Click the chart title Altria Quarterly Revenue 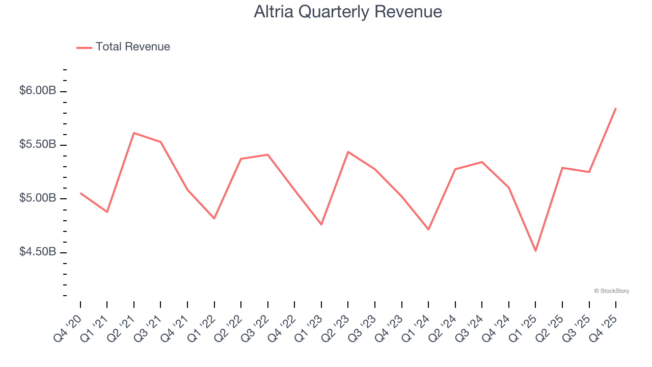[x=348, y=12]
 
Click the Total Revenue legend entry [x=123, y=47]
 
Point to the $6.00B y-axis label [x=38, y=91]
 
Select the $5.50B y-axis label [x=38, y=144]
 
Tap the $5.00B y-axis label [x=38, y=198]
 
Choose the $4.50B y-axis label [x=38, y=252]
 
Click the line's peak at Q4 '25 [x=616, y=108]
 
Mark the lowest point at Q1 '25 [x=535, y=251]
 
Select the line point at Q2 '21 [x=133, y=133]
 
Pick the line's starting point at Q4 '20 [x=80, y=193]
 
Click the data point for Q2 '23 [x=348, y=152]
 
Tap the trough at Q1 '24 [x=428, y=229]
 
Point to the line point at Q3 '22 [x=268, y=154]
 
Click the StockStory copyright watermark [x=611, y=291]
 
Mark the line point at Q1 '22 [x=214, y=218]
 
